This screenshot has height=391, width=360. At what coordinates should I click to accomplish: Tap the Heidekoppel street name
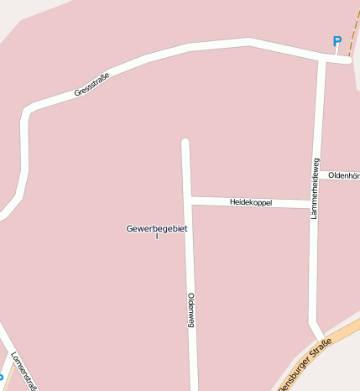(251, 202)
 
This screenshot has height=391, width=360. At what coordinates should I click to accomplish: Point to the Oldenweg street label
(191, 310)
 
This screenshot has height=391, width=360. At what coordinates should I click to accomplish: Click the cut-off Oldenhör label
(343, 175)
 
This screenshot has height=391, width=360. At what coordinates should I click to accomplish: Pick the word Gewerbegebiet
(157, 228)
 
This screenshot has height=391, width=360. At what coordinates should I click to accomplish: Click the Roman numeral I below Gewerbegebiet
(157, 237)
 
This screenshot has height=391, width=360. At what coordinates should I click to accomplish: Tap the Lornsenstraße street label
(23, 370)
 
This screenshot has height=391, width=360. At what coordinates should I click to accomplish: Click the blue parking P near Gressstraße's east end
(337, 41)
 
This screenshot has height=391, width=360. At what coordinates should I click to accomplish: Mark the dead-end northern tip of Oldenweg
(185, 142)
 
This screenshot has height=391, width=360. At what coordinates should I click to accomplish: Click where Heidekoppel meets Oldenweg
(189, 200)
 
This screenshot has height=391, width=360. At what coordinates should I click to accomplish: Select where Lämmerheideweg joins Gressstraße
(322, 60)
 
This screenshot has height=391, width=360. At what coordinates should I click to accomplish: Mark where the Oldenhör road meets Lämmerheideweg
(317, 175)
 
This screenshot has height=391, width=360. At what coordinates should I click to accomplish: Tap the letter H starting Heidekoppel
(232, 202)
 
